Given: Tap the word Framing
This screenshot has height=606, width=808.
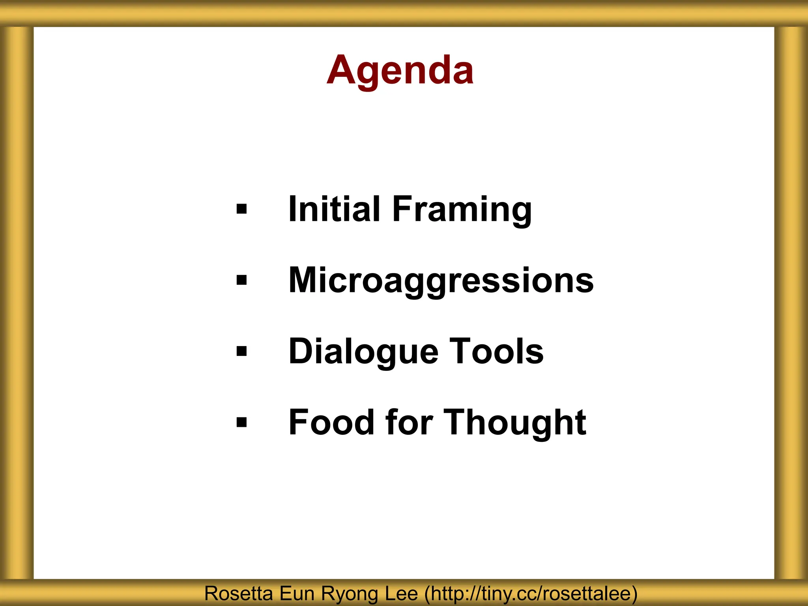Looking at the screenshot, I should (x=462, y=210).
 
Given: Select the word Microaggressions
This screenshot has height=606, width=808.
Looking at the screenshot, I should (x=441, y=281).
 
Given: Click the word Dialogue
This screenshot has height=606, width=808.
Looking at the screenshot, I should (x=363, y=352).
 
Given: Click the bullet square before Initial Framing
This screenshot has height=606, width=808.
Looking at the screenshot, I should (x=241, y=209).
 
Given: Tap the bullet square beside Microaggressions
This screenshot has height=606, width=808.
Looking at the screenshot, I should (x=241, y=280).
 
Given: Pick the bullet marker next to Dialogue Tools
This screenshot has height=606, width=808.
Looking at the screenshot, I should (x=241, y=351).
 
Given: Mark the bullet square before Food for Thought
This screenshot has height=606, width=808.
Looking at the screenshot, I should (x=241, y=423).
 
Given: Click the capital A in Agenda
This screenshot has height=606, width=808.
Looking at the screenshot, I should (x=342, y=70).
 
